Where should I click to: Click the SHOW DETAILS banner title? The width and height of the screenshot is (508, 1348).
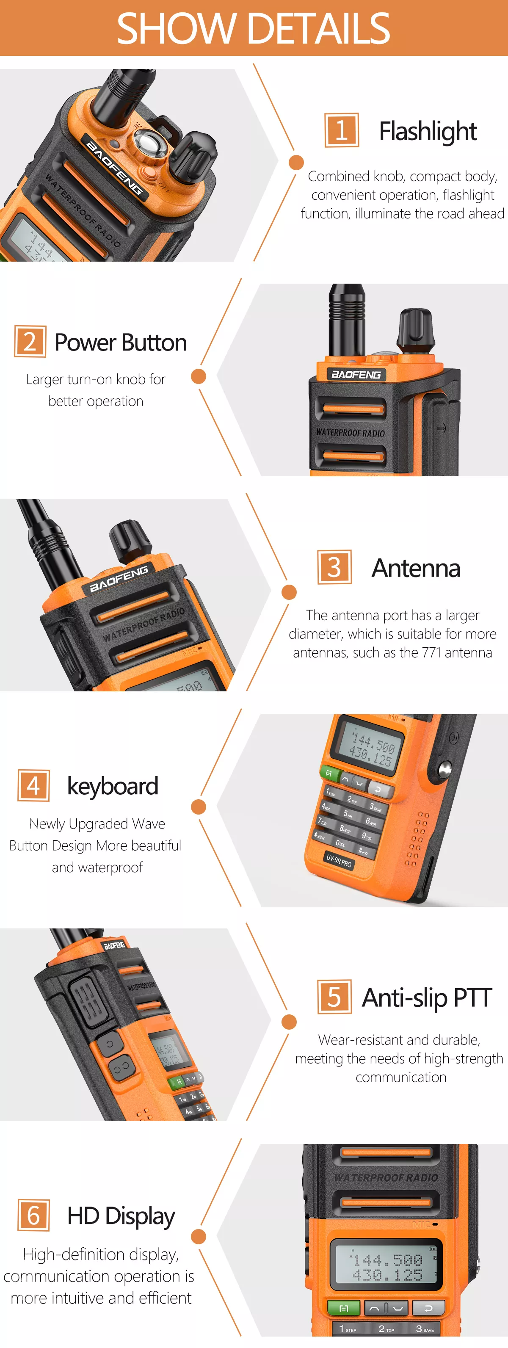pyautogui.click(x=253, y=29)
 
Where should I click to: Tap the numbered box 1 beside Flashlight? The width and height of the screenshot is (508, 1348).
pyautogui.click(x=341, y=130)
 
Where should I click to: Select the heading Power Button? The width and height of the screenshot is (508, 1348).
pyautogui.click(x=120, y=343)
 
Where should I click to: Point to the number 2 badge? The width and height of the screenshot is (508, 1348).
pyautogui.click(x=30, y=342)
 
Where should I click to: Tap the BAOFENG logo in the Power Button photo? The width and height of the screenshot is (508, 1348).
pyautogui.click(x=356, y=375)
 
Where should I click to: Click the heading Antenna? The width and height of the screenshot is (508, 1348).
pyautogui.click(x=415, y=568)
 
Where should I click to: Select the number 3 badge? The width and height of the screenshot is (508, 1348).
pyautogui.click(x=334, y=567)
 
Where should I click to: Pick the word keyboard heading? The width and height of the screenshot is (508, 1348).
pyautogui.click(x=113, y=786)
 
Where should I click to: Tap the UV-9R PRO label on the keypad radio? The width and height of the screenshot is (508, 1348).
pyautogui.click(x=339, y=860)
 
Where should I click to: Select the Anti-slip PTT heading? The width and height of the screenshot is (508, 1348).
pyautogui.click(x=426, y=997)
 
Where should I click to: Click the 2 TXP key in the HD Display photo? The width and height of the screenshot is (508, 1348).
pyautogui.click(x=386, y=1329)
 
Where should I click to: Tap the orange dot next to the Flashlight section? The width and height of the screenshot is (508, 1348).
pyautogui.click(x=296, y=163)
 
